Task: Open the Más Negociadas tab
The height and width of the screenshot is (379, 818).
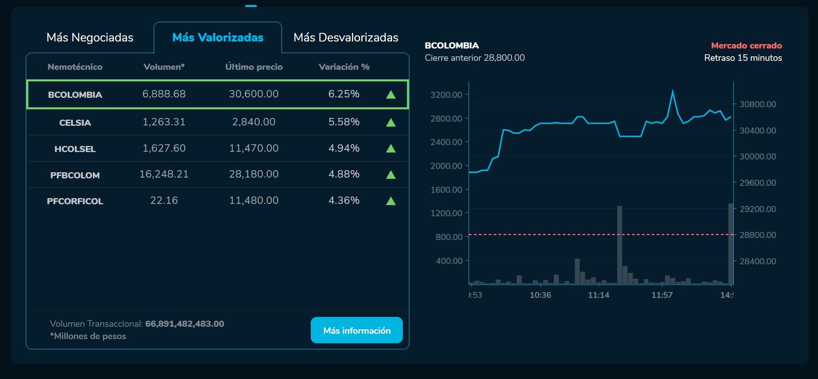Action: pyautogui.click(x=90, y=37)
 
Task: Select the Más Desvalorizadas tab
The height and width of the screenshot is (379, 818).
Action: pyautogui.click(x=346, y=37)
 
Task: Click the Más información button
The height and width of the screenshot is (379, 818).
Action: pyautogui.click(x=357, y=330)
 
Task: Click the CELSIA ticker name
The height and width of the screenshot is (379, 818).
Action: pyautogui.click(x=75, y=122)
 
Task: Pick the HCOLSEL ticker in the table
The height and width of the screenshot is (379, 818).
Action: pyautogui.click(x=75, y=149)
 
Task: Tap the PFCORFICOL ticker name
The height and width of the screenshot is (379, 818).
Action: pyautogui.click(x=75, y=201)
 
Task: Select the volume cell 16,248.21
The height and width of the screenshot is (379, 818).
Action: pyautogui.click(x=164, y=174)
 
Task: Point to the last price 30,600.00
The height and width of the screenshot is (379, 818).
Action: pyautogui.click(x=254, y=94)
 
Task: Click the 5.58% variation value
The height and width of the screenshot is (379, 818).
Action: pyautogui.click(x=344, y=122)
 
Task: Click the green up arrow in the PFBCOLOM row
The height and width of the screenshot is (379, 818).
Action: pyautogui.click(x=391, y=175)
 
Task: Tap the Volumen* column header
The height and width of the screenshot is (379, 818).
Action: pyautogui.click(x=164, y=67)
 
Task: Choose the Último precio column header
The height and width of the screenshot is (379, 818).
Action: pyautogui.click(x=254, y=67)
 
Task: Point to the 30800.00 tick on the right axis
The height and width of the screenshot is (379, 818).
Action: pyautogui.click(x=758, y=104)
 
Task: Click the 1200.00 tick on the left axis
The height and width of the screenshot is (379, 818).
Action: pyautogui.click(x=446, y=213)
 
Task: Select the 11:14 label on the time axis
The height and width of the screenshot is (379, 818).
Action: pyautogui.click(x=598, y=295)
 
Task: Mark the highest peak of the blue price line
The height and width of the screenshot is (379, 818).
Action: pyautogui.click(x=672, y=90)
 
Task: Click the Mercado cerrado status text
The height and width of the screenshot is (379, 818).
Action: pyautogui.click(x=746, y=46)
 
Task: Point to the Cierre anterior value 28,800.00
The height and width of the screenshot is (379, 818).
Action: pyautogui.click(x=504, y=58)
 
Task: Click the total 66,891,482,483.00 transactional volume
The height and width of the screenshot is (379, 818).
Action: pyautogui.click(x=185, y=324)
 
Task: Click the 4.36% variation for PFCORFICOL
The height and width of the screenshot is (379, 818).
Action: pyautogui.click(x=344, y=201)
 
